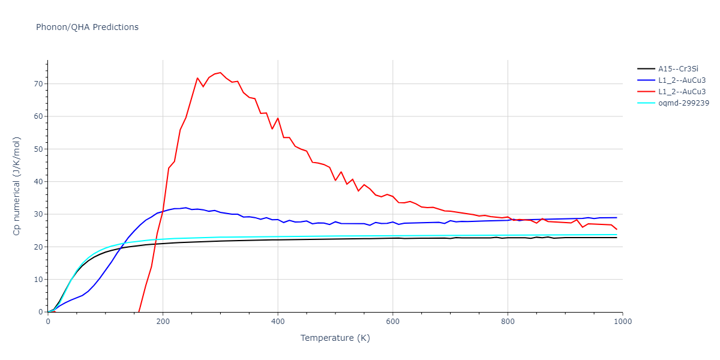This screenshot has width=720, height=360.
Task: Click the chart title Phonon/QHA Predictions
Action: [x=87, y=27]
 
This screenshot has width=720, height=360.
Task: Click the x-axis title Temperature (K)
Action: [x=335, y=338]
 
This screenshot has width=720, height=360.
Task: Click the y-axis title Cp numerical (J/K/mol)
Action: [x=17, y=186]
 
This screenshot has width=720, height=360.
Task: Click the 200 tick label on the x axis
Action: [x=163, y=321]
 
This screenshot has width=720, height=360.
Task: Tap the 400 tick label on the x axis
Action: [x=278, y=321]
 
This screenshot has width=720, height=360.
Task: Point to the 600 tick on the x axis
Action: [x=392, y=321]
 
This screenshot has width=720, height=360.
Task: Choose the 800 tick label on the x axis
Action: [x=508, y=321]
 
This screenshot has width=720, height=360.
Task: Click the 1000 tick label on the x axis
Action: [x=622, y=321]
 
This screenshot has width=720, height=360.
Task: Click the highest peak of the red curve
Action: [x=220, y=73]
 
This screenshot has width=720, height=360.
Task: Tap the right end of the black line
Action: [x=617, y=238]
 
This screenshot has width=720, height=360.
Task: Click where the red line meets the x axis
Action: [x=139, y=312]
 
